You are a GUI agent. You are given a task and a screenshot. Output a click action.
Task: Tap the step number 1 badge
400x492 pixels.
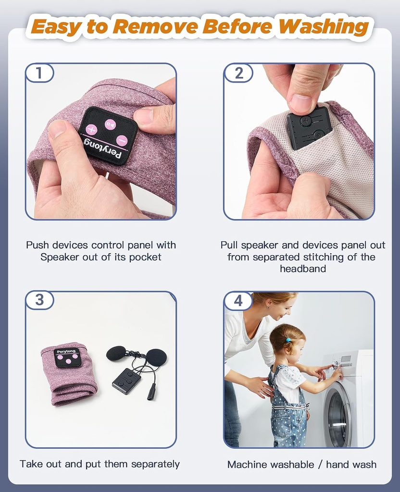[39, 73]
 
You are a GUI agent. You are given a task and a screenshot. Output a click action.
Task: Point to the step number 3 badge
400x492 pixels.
[39, 300]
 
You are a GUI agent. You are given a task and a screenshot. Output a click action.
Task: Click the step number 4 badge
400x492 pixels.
[238, 301]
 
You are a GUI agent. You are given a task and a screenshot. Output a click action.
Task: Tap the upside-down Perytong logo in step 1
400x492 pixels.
[103, 146]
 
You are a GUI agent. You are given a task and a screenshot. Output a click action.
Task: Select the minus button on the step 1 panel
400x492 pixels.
[121, 141]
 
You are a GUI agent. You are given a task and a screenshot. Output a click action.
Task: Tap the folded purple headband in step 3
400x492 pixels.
[69, 374]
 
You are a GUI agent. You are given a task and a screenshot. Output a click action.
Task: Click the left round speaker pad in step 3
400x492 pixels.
[115, 353]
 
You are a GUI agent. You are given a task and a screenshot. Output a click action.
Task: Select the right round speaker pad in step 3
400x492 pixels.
[156, 357]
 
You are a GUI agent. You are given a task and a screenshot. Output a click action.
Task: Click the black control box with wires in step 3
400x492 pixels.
[126, 381]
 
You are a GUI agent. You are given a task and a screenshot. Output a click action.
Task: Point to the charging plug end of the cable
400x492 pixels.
[150, 393]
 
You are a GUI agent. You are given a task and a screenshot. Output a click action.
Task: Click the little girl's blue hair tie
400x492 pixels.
[288, 340]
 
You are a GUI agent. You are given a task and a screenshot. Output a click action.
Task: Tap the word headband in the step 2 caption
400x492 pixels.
[303, 269]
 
